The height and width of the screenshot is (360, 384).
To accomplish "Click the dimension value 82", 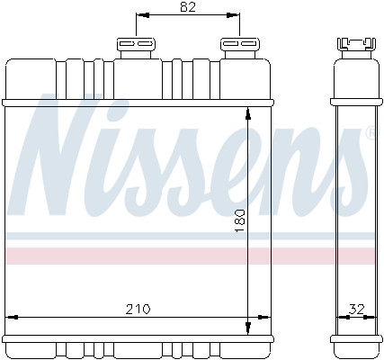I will coord(188,8).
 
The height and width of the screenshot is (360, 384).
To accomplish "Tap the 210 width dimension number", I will coord(138,309).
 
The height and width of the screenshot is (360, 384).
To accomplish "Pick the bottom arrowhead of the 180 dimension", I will coord(247,327).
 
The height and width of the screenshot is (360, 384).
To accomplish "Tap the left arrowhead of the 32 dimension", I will coord(338,316).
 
